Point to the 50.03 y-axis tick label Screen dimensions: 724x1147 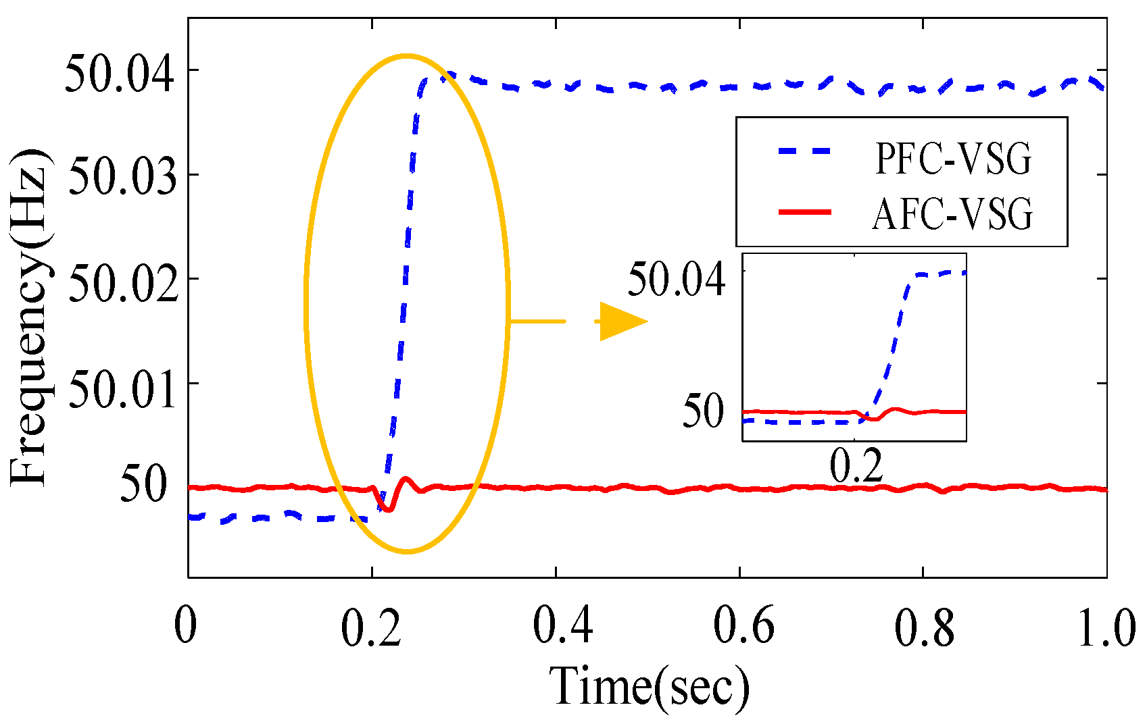(122, 177)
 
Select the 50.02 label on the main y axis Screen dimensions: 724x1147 (122, 283)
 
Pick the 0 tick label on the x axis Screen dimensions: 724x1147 (185, 626)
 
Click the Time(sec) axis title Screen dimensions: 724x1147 (649, 687)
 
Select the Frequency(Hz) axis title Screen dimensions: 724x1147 (29, 317)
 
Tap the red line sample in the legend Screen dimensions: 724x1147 (804, 212)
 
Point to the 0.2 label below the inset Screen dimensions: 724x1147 (856, 466)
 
